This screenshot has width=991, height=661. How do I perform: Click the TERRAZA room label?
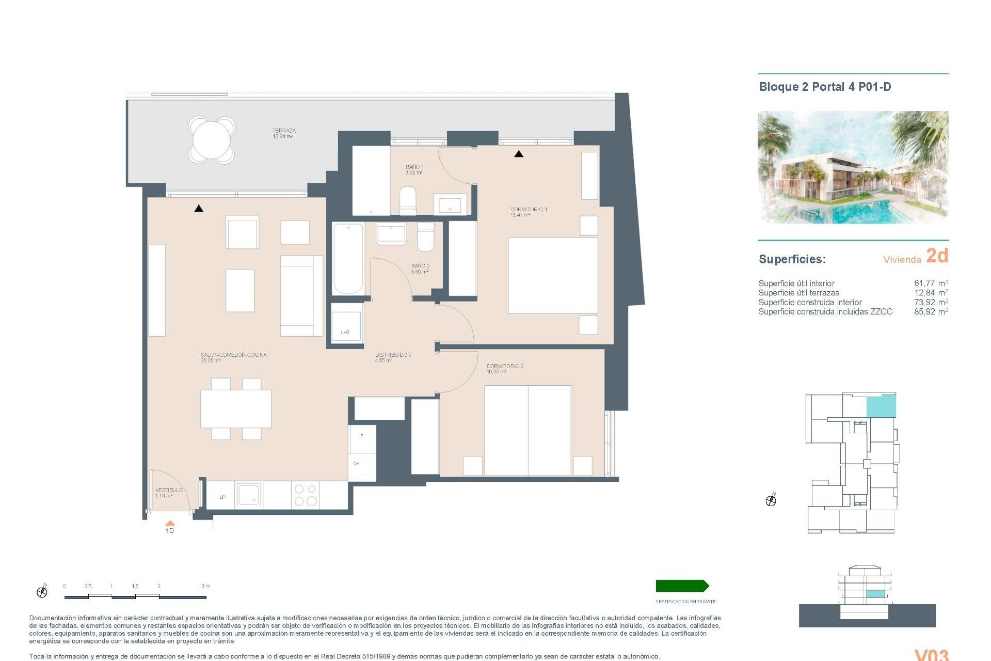(283, 133)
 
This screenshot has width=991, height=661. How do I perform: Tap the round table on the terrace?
(212, 140)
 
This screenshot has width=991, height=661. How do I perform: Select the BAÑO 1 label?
(414, 169)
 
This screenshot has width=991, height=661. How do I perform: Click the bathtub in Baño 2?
(348, 258)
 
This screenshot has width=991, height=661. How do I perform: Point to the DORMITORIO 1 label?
(528, 212)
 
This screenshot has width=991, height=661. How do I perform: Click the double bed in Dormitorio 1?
(552, 275)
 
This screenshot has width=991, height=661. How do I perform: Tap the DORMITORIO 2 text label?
(504, 368)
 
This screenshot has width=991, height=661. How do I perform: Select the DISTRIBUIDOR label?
(392, 357)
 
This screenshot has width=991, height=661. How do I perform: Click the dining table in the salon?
(236, 408)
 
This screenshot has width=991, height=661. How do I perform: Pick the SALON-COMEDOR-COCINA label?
(233, 357)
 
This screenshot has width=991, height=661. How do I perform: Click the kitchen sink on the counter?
(249, 495)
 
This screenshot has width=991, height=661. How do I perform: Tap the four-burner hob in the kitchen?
(305, 495)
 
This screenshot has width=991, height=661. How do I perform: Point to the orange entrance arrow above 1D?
(170, 523)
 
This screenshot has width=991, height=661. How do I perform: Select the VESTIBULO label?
(169, 492)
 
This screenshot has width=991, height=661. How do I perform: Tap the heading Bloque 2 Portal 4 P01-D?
(824, 87)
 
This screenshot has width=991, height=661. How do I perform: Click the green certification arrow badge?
(682, 586)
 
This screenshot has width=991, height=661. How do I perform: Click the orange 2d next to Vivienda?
(937, 256)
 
